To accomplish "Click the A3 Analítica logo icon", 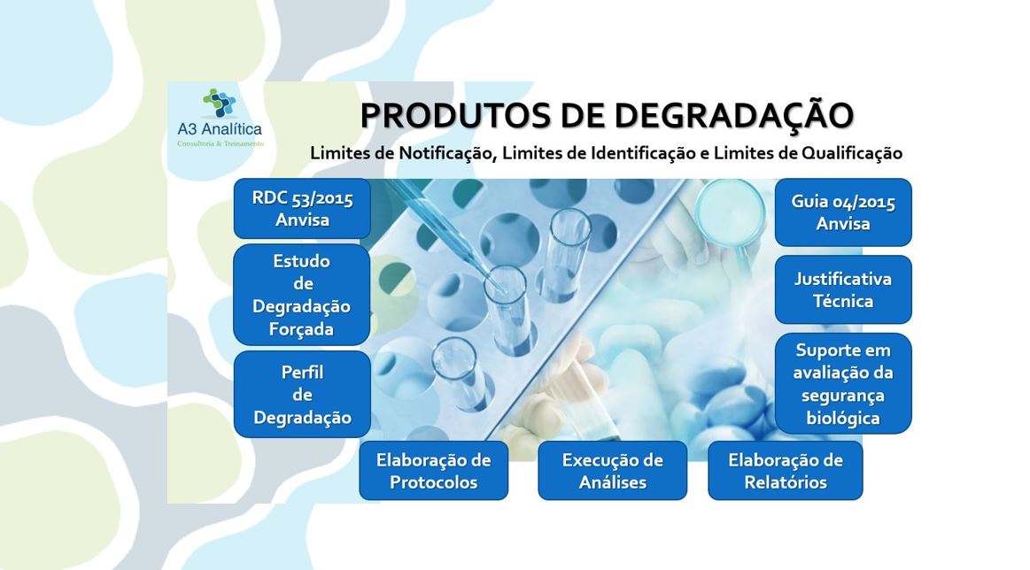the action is point(220,103).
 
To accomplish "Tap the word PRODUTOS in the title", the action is point(456,116).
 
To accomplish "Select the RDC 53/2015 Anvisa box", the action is point(302,209).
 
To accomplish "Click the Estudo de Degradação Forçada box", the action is point(302,295).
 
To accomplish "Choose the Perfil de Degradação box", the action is point(302,394).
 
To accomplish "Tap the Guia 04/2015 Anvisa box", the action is point(843,212).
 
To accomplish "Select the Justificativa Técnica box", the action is point(843,289).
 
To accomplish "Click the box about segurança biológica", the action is point(843,383).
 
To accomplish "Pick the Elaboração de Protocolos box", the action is point(434,471).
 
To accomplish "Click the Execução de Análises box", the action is point(613,471).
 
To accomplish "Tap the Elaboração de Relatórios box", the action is point(786,471).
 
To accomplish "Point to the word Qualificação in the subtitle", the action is point(852,154).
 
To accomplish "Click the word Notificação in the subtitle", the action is point(446,154).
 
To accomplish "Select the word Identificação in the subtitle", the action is point(643,154).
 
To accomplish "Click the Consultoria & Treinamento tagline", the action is point(220,143).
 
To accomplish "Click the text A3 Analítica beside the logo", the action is point(220,128).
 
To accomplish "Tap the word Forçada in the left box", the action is point(301,329).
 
